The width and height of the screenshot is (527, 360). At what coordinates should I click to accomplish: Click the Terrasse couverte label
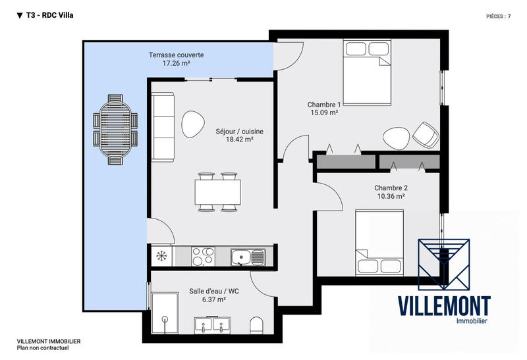click(176, 55)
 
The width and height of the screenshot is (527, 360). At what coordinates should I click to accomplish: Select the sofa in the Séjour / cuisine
click(163, 126)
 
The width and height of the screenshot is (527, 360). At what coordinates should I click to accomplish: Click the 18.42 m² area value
click(235, 140)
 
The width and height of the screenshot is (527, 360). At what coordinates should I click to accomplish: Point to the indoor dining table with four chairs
click(217, 192)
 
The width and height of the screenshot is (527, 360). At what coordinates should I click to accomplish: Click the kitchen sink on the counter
click(247, 255)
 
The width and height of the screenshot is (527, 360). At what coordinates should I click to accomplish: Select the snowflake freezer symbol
click(161, 255)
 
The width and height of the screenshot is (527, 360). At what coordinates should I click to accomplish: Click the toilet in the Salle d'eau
click(256, 325)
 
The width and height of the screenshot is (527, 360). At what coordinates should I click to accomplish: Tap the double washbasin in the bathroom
click(212, 325)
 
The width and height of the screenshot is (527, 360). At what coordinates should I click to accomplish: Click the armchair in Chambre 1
click(426, 135)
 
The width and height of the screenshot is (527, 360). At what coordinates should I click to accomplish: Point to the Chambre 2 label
click(391, 187)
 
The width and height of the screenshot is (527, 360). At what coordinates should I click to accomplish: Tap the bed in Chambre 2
click(379, 242)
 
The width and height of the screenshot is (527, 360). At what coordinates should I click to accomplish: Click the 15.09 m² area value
click(324, 113)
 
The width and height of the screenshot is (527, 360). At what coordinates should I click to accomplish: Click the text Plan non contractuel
click(43, 347)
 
